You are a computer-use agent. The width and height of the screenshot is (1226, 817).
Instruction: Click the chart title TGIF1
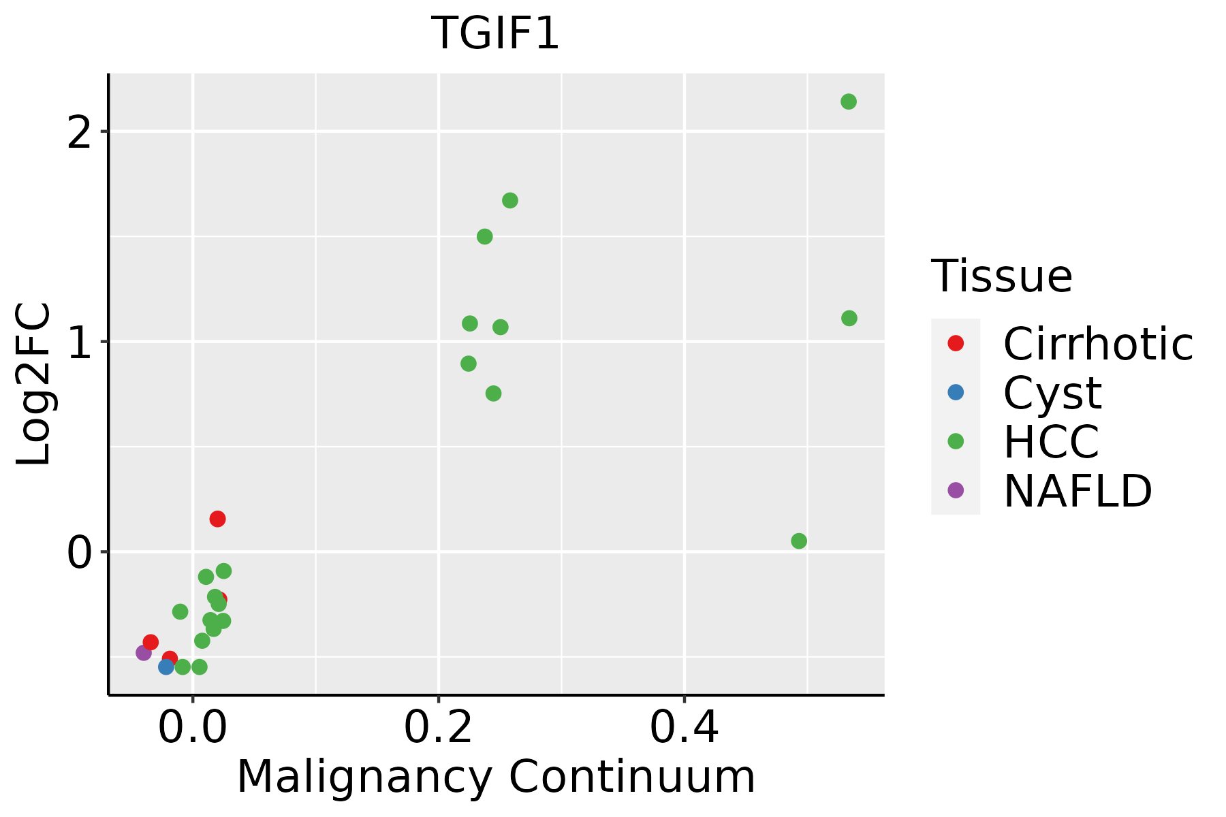[495, 33]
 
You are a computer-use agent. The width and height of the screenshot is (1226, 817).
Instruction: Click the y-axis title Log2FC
[34, 384]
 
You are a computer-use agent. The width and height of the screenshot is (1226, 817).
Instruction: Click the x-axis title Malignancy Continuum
[495, 777]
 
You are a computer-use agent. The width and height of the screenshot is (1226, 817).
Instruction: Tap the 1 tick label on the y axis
[80, 342]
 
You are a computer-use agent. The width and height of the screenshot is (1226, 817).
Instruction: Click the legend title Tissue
[1001, 276]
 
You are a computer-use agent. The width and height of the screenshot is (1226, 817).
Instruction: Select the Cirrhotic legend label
[1097, 344]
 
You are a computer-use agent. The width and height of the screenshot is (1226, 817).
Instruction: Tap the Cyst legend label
[1052, 393]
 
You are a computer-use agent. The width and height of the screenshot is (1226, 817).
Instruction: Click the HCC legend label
[1051, 442]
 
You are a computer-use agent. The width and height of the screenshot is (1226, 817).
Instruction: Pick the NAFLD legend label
[1078, 491]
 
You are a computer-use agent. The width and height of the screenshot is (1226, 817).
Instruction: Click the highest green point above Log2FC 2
[848, 102]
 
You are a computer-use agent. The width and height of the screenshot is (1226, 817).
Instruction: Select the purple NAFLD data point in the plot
[144, 653]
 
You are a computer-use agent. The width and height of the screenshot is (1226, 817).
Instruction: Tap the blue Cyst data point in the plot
[166, 667]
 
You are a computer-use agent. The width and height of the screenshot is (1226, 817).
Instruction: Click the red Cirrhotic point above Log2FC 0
[217, 519]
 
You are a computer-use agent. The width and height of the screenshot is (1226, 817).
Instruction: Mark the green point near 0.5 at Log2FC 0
[799, 541]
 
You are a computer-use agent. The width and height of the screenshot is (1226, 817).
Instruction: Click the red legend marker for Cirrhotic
[956, 343]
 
